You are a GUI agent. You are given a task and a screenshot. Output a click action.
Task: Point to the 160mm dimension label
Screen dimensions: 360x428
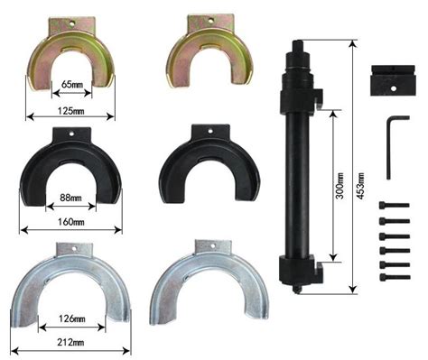pos(71,222)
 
